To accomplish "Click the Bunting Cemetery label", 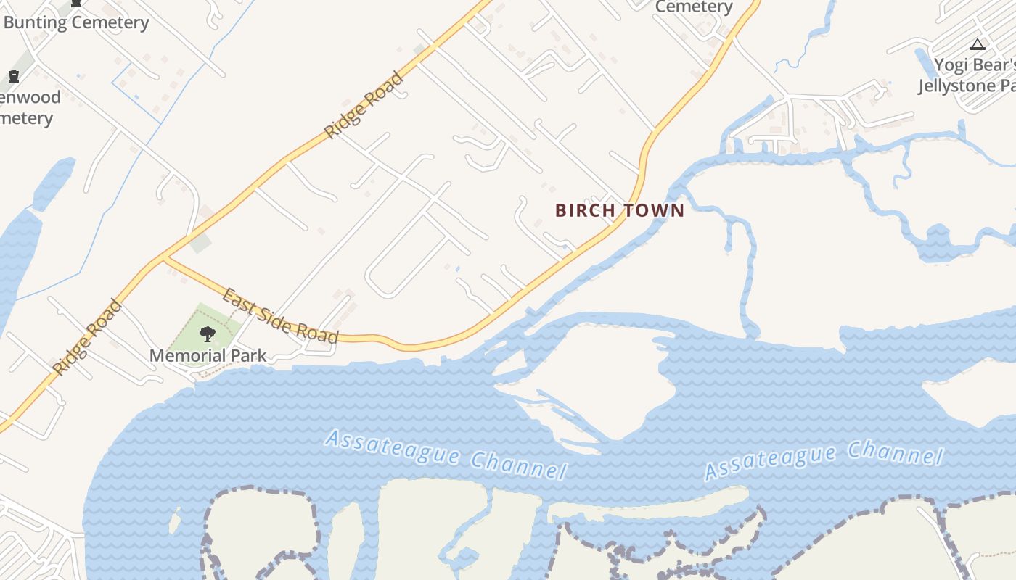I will tap(76, 22).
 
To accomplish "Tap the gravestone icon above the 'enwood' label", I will tap(13, 76).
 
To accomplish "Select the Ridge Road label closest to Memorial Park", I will tap(87, 338).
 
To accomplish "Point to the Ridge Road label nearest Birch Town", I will tap(364, 104).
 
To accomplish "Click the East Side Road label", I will tap(280, 315).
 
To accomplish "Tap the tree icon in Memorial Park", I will tap(208, 334).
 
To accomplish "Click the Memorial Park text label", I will tap(208, 356).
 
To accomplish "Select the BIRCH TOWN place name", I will tap(620, 210).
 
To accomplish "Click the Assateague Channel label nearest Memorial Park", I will tap(446, 454).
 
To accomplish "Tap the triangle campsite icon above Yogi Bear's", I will tap(978, 45).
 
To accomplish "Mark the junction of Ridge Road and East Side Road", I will tap(165, 257).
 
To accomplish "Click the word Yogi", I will tap(951, 65).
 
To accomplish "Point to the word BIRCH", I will tap(585, 210).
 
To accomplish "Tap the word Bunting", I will tap(34, 22).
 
